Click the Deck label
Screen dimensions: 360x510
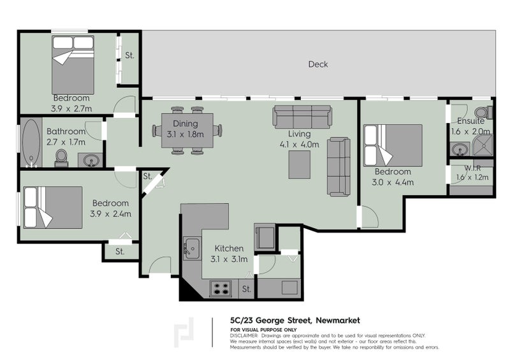317,64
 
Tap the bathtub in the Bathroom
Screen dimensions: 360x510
30,142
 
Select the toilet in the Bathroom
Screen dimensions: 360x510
62,157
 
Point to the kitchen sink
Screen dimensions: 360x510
191,245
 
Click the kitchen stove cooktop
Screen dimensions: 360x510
221,288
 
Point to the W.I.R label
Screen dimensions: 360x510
472,169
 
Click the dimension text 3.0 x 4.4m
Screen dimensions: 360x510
393,182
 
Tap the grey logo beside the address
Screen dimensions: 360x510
185,332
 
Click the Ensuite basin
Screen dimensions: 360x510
460,150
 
